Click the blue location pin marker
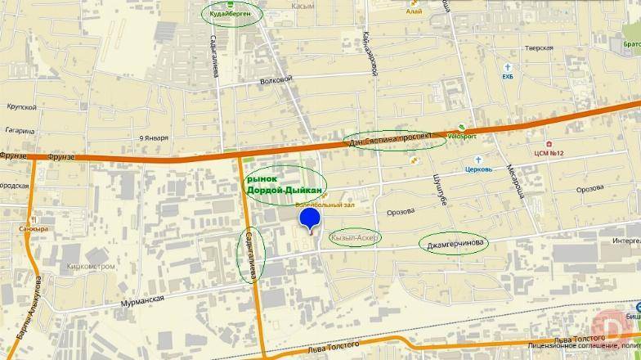310,219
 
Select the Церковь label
477,170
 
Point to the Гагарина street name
19,130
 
